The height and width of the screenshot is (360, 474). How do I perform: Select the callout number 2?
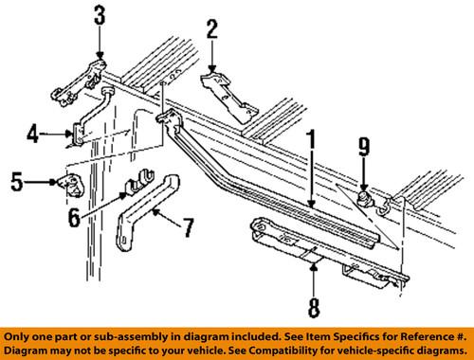211,28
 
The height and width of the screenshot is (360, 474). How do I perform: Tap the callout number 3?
99,16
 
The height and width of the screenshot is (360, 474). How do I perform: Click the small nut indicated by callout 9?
364,198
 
